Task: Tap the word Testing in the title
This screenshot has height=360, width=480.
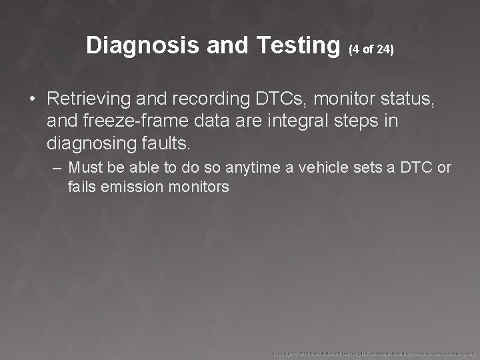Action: (x=297, y=46)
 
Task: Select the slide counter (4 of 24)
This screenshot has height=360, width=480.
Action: (x=371, y=49)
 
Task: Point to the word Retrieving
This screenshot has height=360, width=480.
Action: (x=90, y=99)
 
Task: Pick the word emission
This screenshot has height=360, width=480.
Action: (x=132, y=187)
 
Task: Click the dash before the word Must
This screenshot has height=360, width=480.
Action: (x=58, y=167)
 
